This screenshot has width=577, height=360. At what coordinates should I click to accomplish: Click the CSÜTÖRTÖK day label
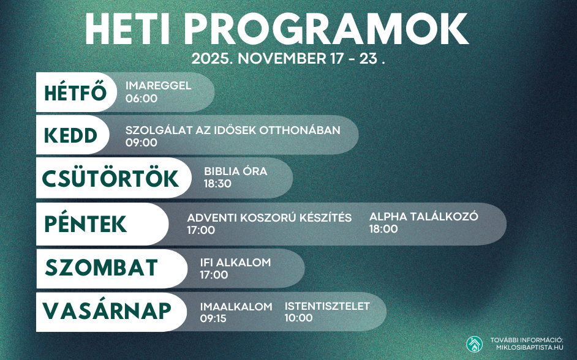tap(110, 178)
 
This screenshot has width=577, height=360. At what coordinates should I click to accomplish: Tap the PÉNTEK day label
tap(86, 223)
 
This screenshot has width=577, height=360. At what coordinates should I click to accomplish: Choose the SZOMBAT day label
tap(102, 268)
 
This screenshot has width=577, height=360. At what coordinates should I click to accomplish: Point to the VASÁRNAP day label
tap(107, 310)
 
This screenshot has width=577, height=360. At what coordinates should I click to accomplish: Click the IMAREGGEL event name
tap(158, 86)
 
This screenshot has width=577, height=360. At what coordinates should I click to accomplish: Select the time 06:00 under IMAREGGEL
tap(141, 98)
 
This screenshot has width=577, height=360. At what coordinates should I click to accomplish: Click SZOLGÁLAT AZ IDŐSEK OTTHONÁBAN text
tap(233, 130)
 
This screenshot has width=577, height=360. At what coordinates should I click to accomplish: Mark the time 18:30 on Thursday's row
tap(217, 184)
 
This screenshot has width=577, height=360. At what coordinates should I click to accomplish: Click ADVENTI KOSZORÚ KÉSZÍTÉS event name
tap(270, 218)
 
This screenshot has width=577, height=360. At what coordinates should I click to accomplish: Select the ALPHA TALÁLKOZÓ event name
tap(423, 217)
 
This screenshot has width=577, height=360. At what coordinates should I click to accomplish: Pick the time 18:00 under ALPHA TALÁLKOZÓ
tap(383, 229)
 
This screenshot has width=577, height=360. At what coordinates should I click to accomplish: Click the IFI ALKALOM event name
tap(235, 263)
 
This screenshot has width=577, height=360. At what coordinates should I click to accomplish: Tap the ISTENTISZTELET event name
tap(327, 306)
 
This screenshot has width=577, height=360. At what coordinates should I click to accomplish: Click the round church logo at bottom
tap(474, 344)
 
